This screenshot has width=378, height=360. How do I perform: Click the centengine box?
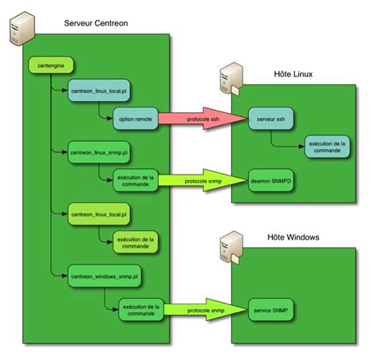point(45,62)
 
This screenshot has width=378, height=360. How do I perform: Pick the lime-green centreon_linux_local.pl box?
point(98,213)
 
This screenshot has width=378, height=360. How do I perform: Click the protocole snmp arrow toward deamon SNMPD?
point(203,179)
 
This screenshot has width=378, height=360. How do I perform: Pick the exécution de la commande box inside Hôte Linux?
point(326,147)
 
